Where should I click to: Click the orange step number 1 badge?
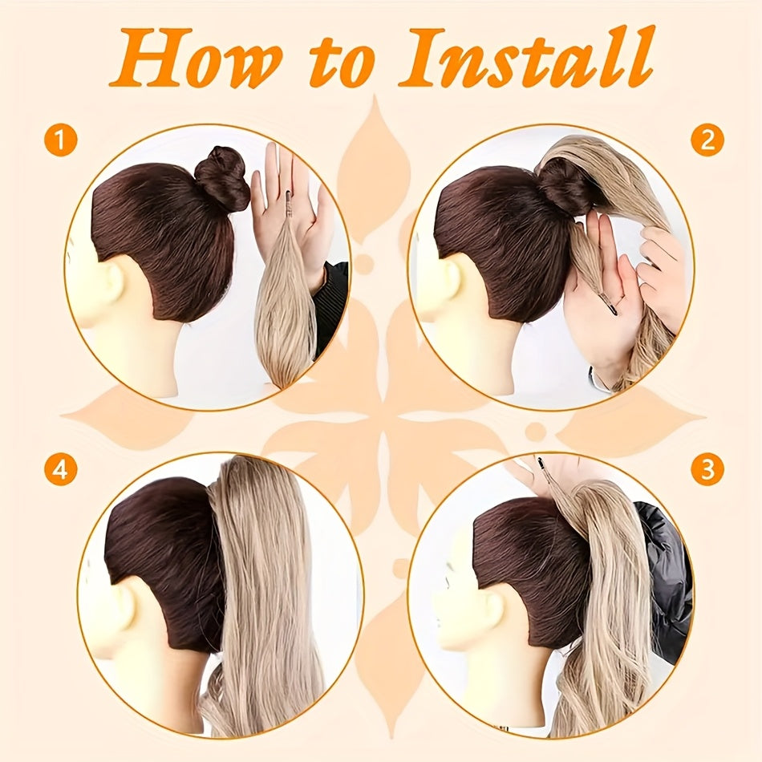(x=60, y=140)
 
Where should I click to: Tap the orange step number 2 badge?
(x=707, y=140)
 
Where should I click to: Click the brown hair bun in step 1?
(x=222, y=179)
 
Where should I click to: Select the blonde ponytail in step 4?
(x=257, y=594)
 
